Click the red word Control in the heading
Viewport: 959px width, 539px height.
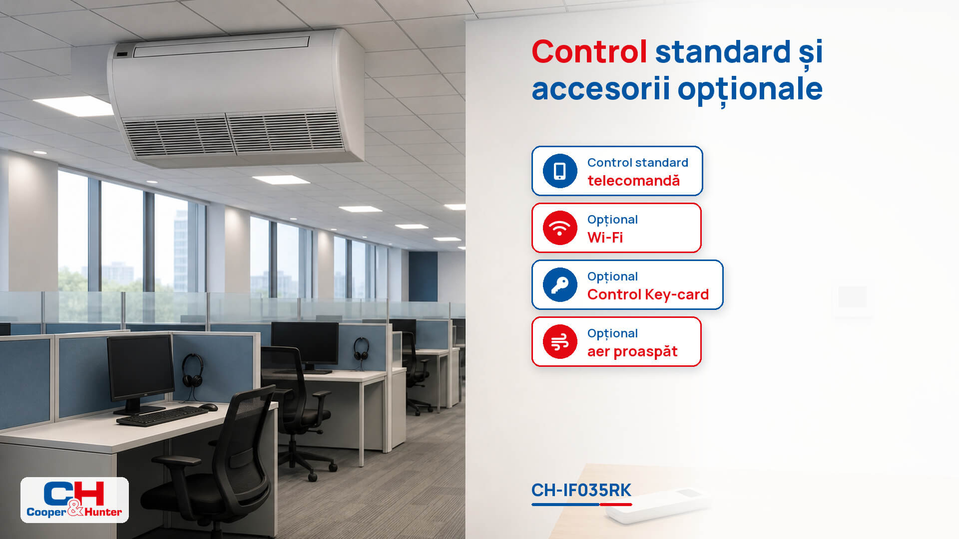click(x=589, y=52)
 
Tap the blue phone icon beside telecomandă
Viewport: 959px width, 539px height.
click(x=560, y=171)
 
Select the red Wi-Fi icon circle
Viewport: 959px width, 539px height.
click(x=560, y=228)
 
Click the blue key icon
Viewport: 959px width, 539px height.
click(x=560, y=285)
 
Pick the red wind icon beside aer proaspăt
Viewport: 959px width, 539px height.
click(x=560, y=342)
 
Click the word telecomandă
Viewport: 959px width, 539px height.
click(x=633, y=180)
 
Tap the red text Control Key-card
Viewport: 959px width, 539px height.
click(x=648, y=294)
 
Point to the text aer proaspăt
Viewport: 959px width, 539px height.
click(x=632, y=352)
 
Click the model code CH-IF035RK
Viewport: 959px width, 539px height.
click(x=581, y=490)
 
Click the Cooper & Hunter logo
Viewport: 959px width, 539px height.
click(x=74, y=500)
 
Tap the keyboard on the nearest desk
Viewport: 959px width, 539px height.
click(x=162, y=416)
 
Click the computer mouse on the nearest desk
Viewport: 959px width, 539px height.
click(x=209, y=407)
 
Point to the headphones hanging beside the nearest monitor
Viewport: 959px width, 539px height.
click(x=192, y=370)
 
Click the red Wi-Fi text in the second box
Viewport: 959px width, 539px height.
click(x=605, y=238)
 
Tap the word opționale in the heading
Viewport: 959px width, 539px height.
click(x=750, y=90)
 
